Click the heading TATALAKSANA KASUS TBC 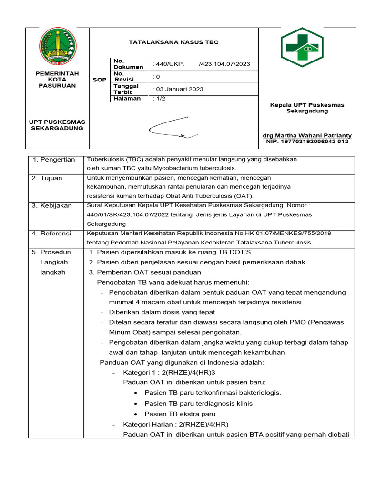[173, 42]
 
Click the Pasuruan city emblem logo [57, 46]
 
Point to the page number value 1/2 [158, 99]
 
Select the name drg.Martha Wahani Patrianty [307, 135]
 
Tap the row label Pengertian [56, 160]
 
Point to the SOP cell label [99, 80]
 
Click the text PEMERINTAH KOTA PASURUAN [57, 80]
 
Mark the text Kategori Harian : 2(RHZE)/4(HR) [176, 424]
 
